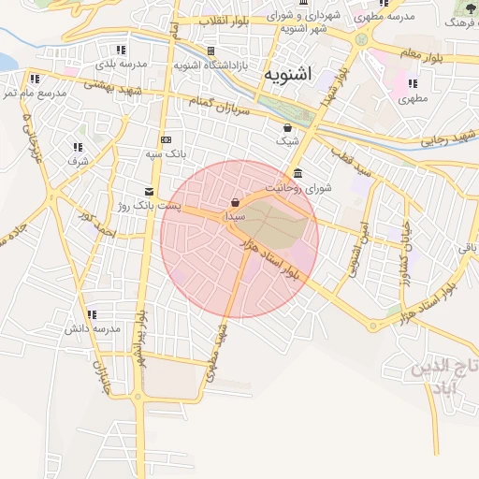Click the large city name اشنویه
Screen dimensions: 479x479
pos(290,73)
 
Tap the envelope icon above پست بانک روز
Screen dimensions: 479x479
pos(148,191)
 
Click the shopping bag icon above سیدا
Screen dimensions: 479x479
pos(234,202)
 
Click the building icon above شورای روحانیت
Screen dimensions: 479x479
pos(298,174)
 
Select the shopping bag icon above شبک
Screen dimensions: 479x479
pos(287,128)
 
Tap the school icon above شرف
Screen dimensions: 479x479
pos(78,147)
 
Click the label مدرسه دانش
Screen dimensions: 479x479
pos(93,329)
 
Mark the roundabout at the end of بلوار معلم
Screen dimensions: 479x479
pos(361,40)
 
